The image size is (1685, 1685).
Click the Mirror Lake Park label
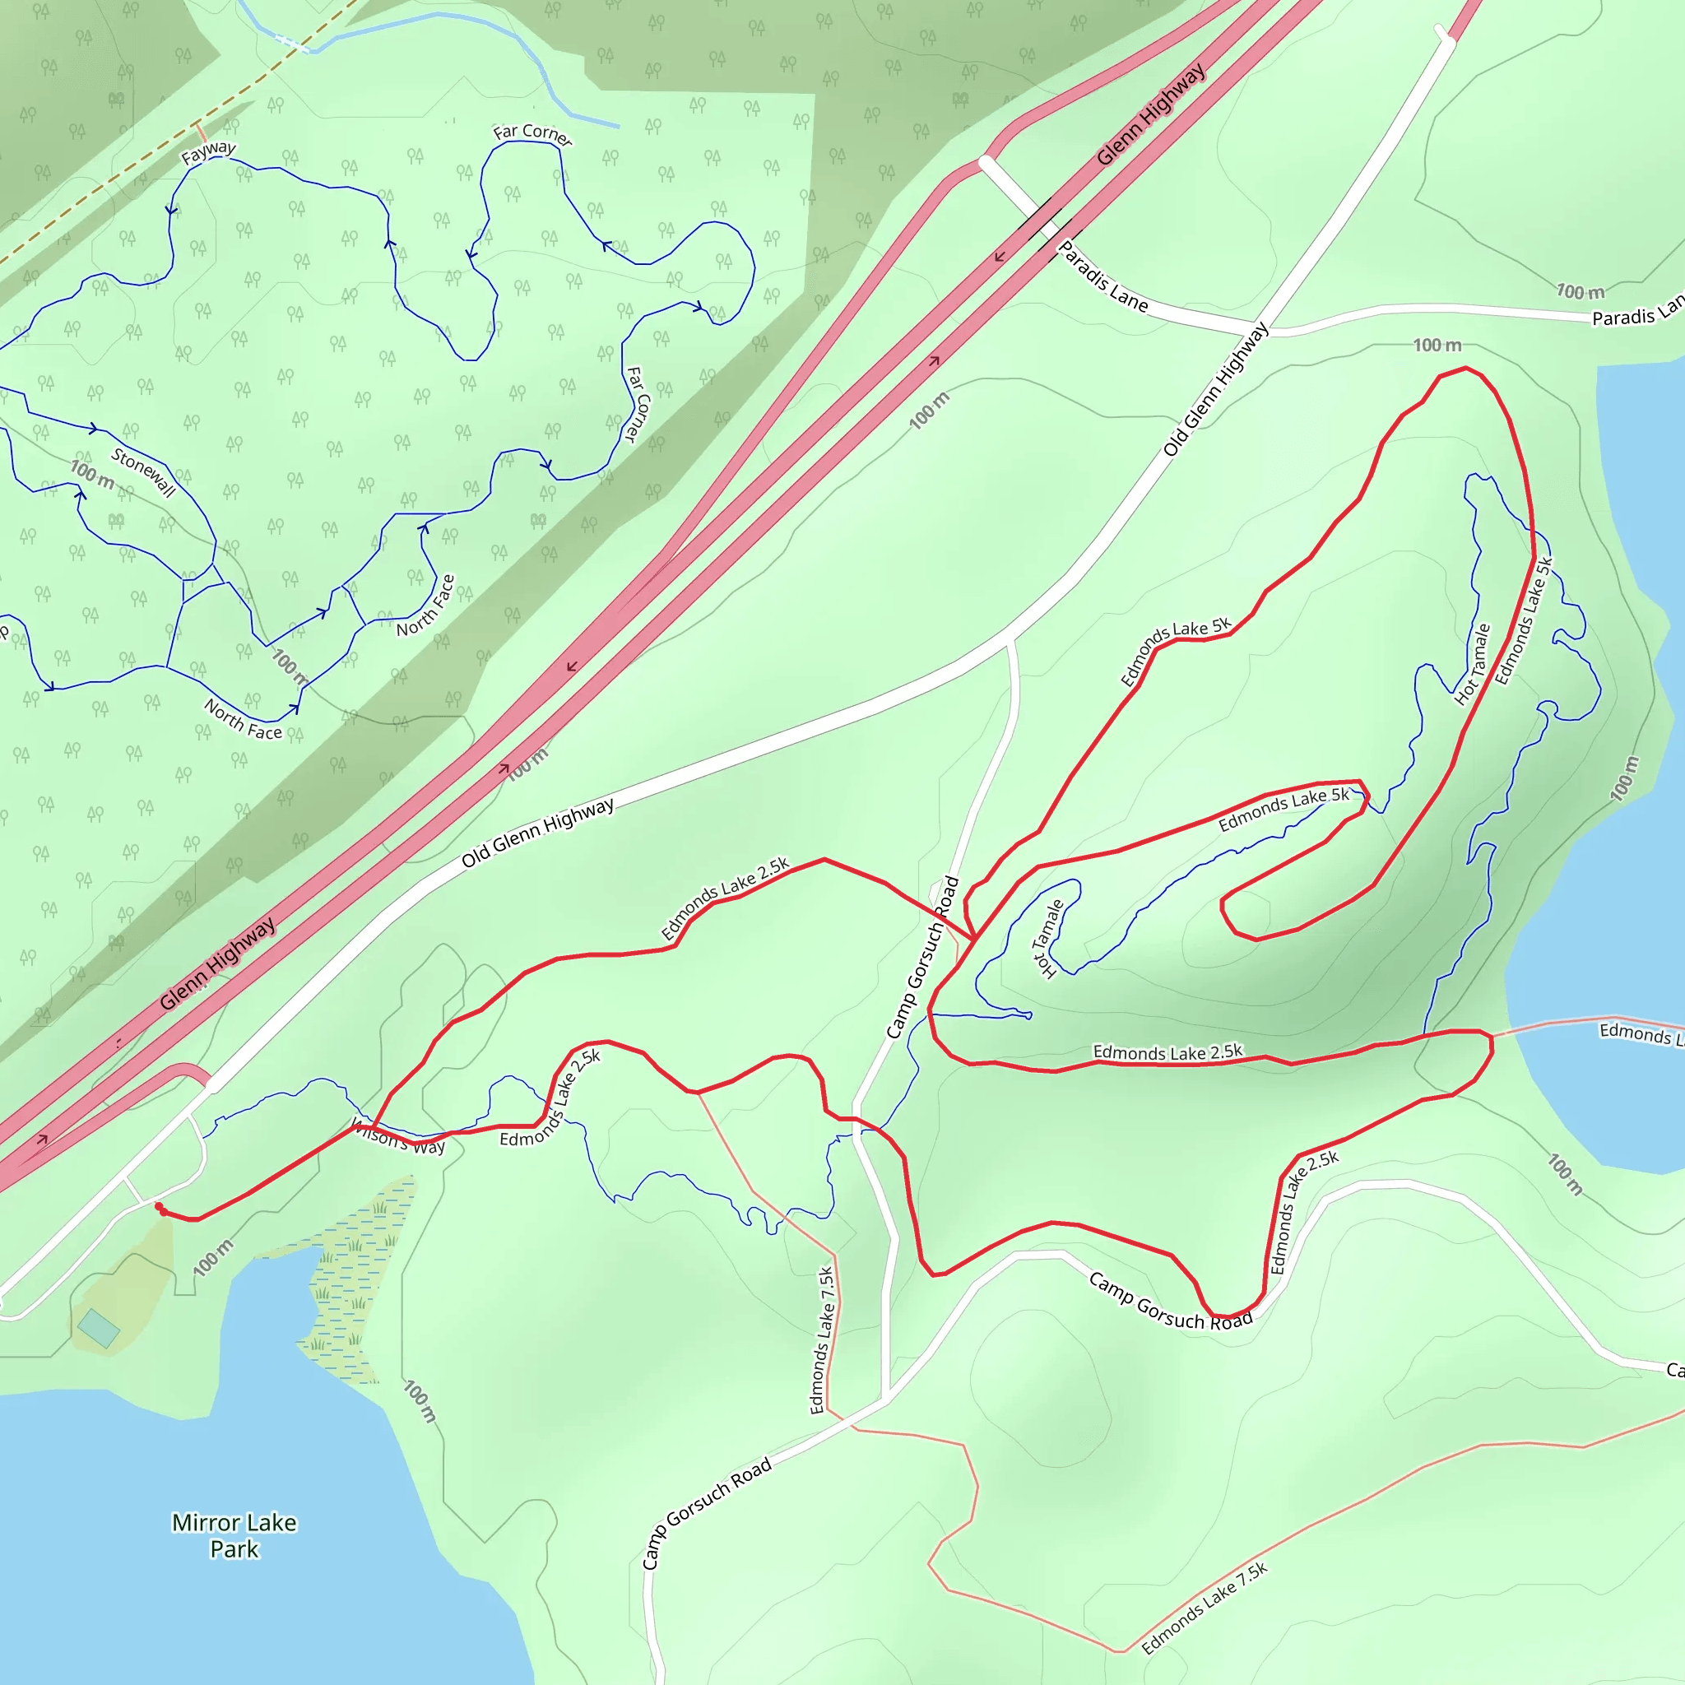[234, 1535]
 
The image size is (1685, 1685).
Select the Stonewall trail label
[144, 471]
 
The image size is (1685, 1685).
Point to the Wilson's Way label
[398, 1137]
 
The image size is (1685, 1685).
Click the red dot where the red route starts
[160, 1207]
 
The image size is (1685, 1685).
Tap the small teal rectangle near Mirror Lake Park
[99, 1328]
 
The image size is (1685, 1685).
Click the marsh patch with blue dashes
[353, 1282]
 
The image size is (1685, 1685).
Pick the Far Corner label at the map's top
[533, 134]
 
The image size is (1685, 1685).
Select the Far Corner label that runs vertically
[638, 404]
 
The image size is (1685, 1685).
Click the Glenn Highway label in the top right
[1151, 114]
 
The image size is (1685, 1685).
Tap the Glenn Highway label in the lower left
[217, 963]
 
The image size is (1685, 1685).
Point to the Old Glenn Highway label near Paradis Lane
[1216, 389]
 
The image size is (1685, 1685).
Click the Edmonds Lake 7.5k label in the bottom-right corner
[1205, 1608]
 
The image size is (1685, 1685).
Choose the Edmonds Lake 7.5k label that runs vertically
[822, 1340]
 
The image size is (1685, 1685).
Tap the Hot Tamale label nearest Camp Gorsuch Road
[1047, 939]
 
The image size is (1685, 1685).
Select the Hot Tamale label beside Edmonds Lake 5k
[1473, 665]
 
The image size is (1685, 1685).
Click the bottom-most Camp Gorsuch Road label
[707, 1513]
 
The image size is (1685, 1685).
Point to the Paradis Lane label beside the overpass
[1103, 276]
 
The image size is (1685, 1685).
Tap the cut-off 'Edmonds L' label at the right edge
[1640, 1034]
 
